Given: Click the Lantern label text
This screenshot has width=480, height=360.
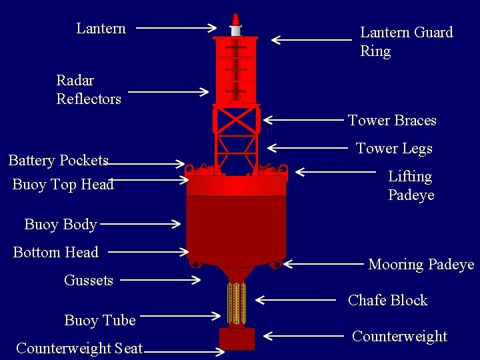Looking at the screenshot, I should pos(101,28).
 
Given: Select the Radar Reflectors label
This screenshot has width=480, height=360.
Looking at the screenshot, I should pos(89,89).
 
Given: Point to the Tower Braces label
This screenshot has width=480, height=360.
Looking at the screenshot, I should pos(392,121).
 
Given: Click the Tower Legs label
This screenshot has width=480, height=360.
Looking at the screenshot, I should pos(394,149).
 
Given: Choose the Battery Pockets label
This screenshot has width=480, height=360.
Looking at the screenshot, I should pos(59,161).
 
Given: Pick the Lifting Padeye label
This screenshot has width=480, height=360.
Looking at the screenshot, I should pos(411,185).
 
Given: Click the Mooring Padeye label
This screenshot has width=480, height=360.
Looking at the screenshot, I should pos(421,265).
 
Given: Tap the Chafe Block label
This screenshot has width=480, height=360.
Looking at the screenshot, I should pos(387,300).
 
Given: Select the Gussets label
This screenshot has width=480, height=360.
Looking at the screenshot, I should pos(89,280).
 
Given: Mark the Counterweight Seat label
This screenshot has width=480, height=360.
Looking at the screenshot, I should pos(79,348).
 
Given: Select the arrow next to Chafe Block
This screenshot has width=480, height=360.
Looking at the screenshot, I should pos(295,300).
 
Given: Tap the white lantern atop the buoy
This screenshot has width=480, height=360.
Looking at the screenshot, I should pos(235,30).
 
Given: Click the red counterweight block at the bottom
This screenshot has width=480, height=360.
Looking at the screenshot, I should pos(237,339).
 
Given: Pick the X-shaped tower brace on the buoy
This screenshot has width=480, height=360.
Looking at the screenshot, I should pos(236,120).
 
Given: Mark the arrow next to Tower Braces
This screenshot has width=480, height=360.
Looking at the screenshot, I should pos(303,121).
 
